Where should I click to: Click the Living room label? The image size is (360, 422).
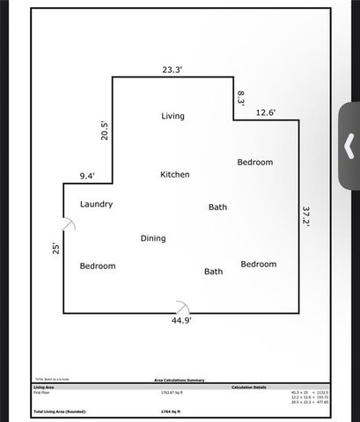pyautogui.click(x=173, y=116)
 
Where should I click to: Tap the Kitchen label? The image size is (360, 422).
pyautogui.click(x=174, y=175)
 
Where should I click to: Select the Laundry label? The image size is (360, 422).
pyautogui.click(x=96, y=204)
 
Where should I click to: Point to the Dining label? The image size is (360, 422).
pyautogui.click(x=153, y=238)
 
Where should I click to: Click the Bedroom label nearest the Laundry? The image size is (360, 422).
pyautogui.click(x=97, y=266)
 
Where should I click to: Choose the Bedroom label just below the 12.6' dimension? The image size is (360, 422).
pyautogui.click(x=255, y=163)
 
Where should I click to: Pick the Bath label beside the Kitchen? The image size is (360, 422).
pyautogui.click(x=217, y=207)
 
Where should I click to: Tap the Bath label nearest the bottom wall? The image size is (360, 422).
pyautogui.click(x=213, y=272)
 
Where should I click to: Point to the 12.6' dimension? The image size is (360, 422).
pyautogui.click(x=266, y=113)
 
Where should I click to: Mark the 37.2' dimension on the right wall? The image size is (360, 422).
pyautogui.click(x=306, y=217)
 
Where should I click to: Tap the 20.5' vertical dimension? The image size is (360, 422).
pyautogui.click(x=103, y=130)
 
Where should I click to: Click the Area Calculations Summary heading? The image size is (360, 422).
pyautogui.click(x=180, y=380)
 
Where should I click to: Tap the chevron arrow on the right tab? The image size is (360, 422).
pyautogui.click(x=349, y=144)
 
